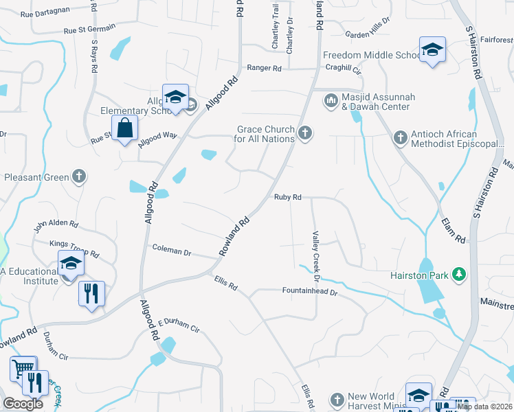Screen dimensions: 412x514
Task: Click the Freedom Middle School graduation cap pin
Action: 433,50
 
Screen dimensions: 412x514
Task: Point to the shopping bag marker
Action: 125,128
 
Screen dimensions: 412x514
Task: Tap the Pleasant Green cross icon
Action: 80,177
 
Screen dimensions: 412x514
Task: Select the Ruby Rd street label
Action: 288,197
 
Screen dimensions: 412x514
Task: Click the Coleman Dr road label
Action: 172,251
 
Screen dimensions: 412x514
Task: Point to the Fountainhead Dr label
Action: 311,292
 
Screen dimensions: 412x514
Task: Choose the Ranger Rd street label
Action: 265,69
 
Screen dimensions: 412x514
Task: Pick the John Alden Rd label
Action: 57,224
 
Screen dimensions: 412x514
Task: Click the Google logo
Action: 23,404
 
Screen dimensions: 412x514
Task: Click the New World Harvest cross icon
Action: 337,399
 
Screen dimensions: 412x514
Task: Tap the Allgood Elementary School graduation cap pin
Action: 175,97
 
